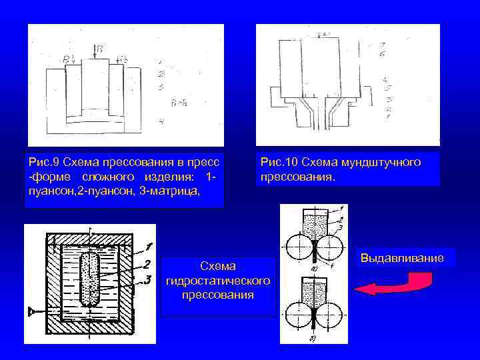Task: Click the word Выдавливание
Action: point(402,257)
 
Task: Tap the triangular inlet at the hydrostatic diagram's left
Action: point(31,311)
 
